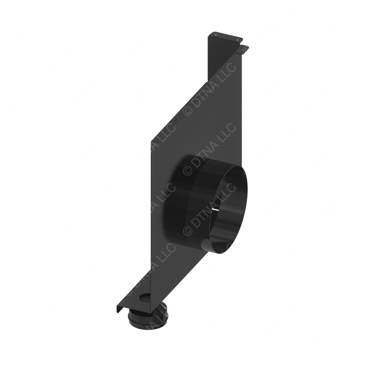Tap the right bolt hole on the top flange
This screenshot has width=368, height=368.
click(238, 37)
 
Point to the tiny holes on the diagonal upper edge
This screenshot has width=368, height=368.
click(174, 121)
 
